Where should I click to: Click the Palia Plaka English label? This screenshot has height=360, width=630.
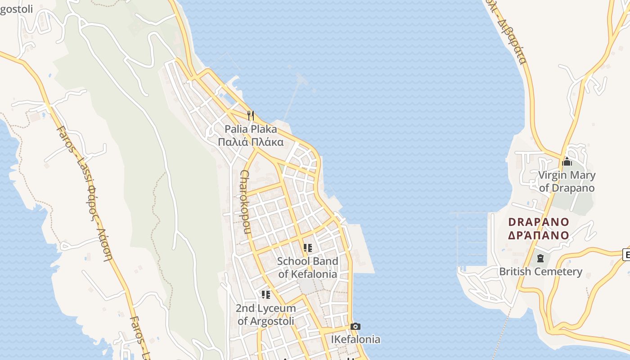251,130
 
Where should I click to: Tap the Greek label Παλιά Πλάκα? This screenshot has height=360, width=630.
251,143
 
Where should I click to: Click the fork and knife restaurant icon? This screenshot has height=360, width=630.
251,116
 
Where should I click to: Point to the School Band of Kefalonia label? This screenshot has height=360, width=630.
307,267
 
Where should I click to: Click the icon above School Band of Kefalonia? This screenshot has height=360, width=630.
308,247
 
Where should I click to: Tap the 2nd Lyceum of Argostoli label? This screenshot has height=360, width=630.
265,315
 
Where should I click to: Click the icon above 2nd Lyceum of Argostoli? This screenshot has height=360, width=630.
266,295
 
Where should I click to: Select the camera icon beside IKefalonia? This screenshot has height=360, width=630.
355,326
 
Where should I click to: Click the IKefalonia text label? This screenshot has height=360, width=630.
355,339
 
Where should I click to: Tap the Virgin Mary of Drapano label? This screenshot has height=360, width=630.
567,181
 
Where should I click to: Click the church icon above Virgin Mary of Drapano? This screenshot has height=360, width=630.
567,162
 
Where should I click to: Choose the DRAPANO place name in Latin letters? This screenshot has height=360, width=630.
539,222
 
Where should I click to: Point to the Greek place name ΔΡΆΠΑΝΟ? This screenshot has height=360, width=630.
539,235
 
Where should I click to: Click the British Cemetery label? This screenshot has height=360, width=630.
540,271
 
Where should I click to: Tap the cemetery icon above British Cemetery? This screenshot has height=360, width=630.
540,258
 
